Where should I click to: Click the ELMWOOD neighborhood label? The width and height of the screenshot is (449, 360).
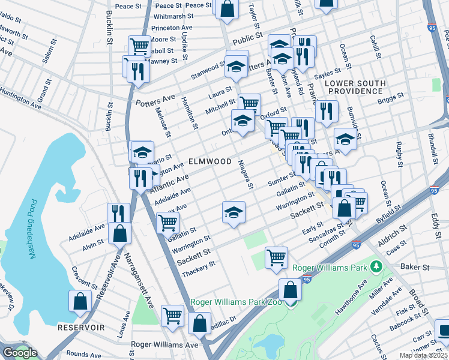[209, 161]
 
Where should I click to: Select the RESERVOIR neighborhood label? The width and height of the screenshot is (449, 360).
[82, 328]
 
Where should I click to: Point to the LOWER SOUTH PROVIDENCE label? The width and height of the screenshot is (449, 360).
[354, 86]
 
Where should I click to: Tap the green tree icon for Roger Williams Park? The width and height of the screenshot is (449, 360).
[376, 266]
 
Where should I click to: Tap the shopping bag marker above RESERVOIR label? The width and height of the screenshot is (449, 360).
[80, 303]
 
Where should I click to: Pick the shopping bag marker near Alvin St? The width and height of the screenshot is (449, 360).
[120, 233]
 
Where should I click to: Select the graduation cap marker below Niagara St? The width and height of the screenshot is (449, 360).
[234, 212]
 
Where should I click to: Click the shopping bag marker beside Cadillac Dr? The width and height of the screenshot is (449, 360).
[199, 325]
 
